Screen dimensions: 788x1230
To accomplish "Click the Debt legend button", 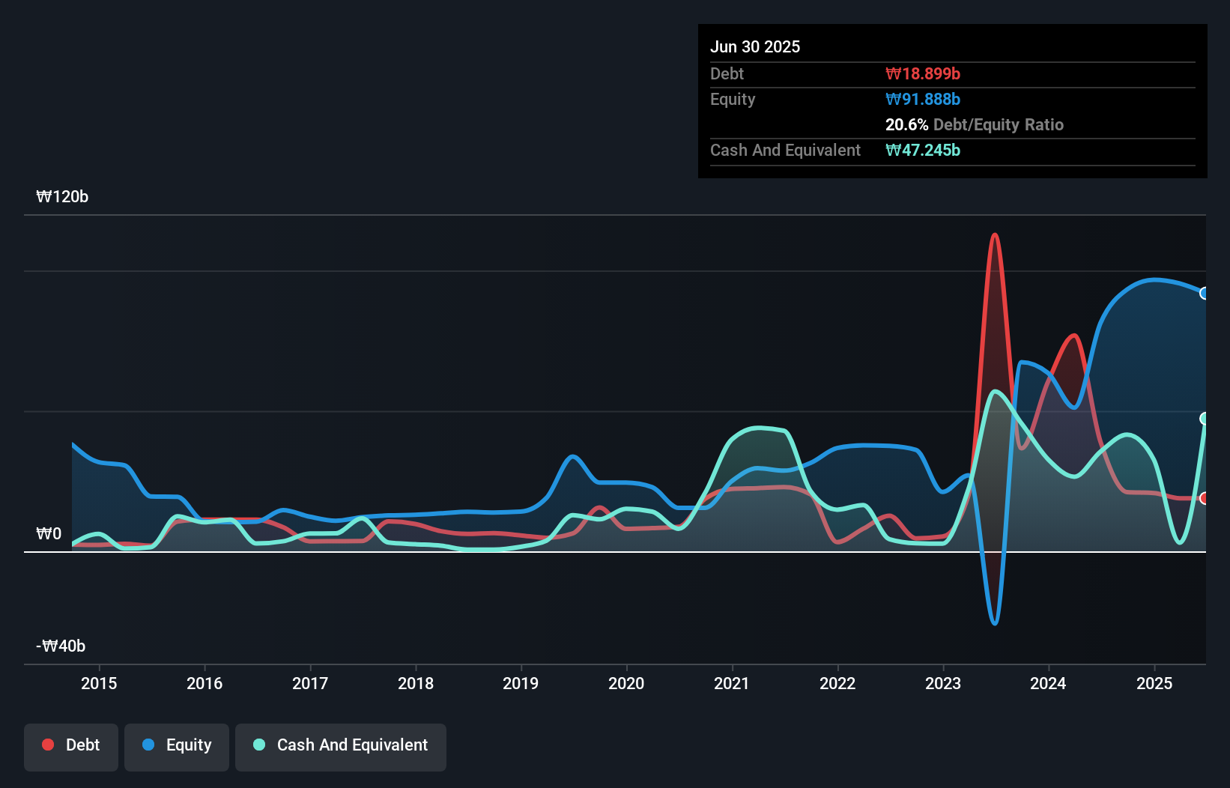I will pyautogui.click(x=71, y=746).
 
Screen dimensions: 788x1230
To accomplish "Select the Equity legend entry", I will pyautogui.click(x=177, y=746).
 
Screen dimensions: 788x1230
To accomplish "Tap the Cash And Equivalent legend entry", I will pyautogui.click(x=341, y=746).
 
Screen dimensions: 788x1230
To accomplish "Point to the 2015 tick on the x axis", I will pyautogui.click(x=99, y=683).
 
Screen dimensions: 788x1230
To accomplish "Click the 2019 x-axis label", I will pyautogui.click(x=521, y=683).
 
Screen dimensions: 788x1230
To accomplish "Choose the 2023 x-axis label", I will pyautogui.click(x=943, y=683).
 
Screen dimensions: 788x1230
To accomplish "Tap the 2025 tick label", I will pyautogui.click(x=1154, y=683).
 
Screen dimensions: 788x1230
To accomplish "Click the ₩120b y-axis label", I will pyautogui.click(x=62, y=197).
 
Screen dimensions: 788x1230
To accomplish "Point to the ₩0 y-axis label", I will pyautogui.click(x=49, y=534).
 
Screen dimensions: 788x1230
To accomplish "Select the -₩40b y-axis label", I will pyautogui.click(x=61, y=646).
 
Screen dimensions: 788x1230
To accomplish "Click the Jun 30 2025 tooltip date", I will pyautogui.click(x=755, y=47).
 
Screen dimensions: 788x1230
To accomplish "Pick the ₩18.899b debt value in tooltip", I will pyautogui.click(x=923, y=74).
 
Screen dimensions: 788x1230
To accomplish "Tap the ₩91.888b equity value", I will pyautogui.click(x=923, y=100).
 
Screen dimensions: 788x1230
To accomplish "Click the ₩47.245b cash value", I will pyautogui.click(x=923, y=151).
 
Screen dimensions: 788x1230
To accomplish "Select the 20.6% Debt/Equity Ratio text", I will pyautogui.click(x=974, y=125).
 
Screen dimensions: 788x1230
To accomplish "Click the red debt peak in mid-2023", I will pyautogui.click(x=995, y=236).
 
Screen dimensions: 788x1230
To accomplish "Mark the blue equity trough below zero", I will pyautogui.click(x=995, y=622).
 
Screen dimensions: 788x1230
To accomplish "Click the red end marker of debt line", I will pyautogui.click(x=1204, y=498).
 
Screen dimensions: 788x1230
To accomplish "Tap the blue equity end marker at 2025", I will pyautogui.click(x=1204, y=294).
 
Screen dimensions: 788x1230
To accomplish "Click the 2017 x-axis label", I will pyautogui.click(x=310, y=683).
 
